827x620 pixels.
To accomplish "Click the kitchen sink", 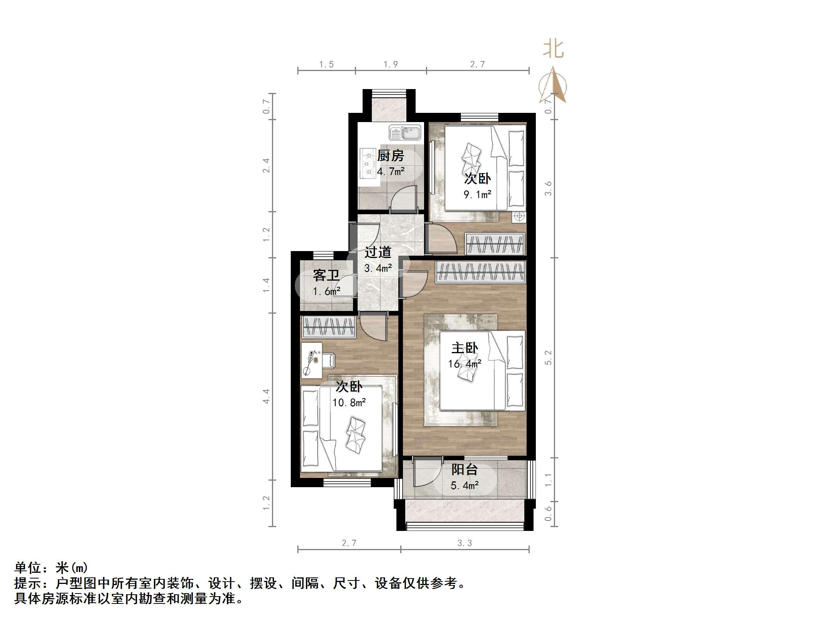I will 405,133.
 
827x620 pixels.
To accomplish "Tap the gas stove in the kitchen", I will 368,164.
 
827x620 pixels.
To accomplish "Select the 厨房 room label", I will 390,156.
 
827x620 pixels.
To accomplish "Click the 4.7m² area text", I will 390,172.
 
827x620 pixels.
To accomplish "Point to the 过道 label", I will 378,252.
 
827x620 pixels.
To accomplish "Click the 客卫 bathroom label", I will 326,275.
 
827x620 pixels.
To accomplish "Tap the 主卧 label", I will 464,348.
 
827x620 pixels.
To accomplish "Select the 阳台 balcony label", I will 464,470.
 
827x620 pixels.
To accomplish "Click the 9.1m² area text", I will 477,195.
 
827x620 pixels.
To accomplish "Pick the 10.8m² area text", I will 349,403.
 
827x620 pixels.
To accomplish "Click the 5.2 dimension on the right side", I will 548,357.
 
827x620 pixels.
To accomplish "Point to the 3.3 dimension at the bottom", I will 464,543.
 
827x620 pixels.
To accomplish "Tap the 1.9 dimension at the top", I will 390,64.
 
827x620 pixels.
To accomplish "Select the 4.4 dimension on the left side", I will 266,396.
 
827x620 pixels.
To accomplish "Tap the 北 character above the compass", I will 553,50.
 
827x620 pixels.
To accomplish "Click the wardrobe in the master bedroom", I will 480,272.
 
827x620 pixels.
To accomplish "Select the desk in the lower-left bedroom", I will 311,360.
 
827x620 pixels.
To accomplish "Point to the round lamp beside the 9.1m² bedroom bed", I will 519,217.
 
